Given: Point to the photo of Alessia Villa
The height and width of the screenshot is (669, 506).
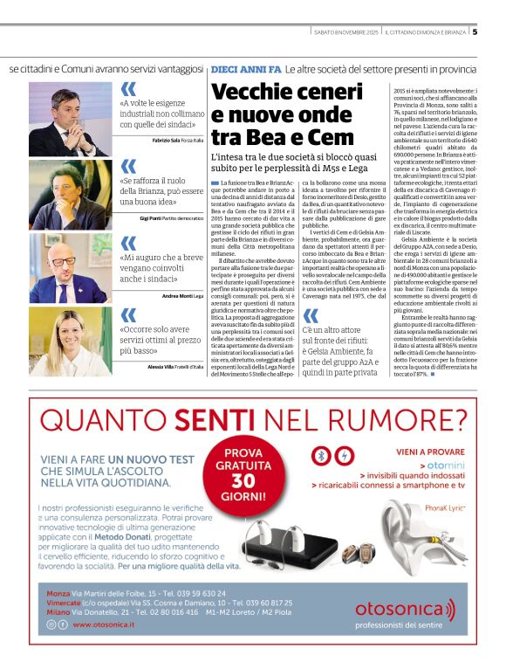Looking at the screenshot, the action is pos(67,341).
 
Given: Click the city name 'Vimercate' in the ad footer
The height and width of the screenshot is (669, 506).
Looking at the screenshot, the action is pos(63,603).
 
